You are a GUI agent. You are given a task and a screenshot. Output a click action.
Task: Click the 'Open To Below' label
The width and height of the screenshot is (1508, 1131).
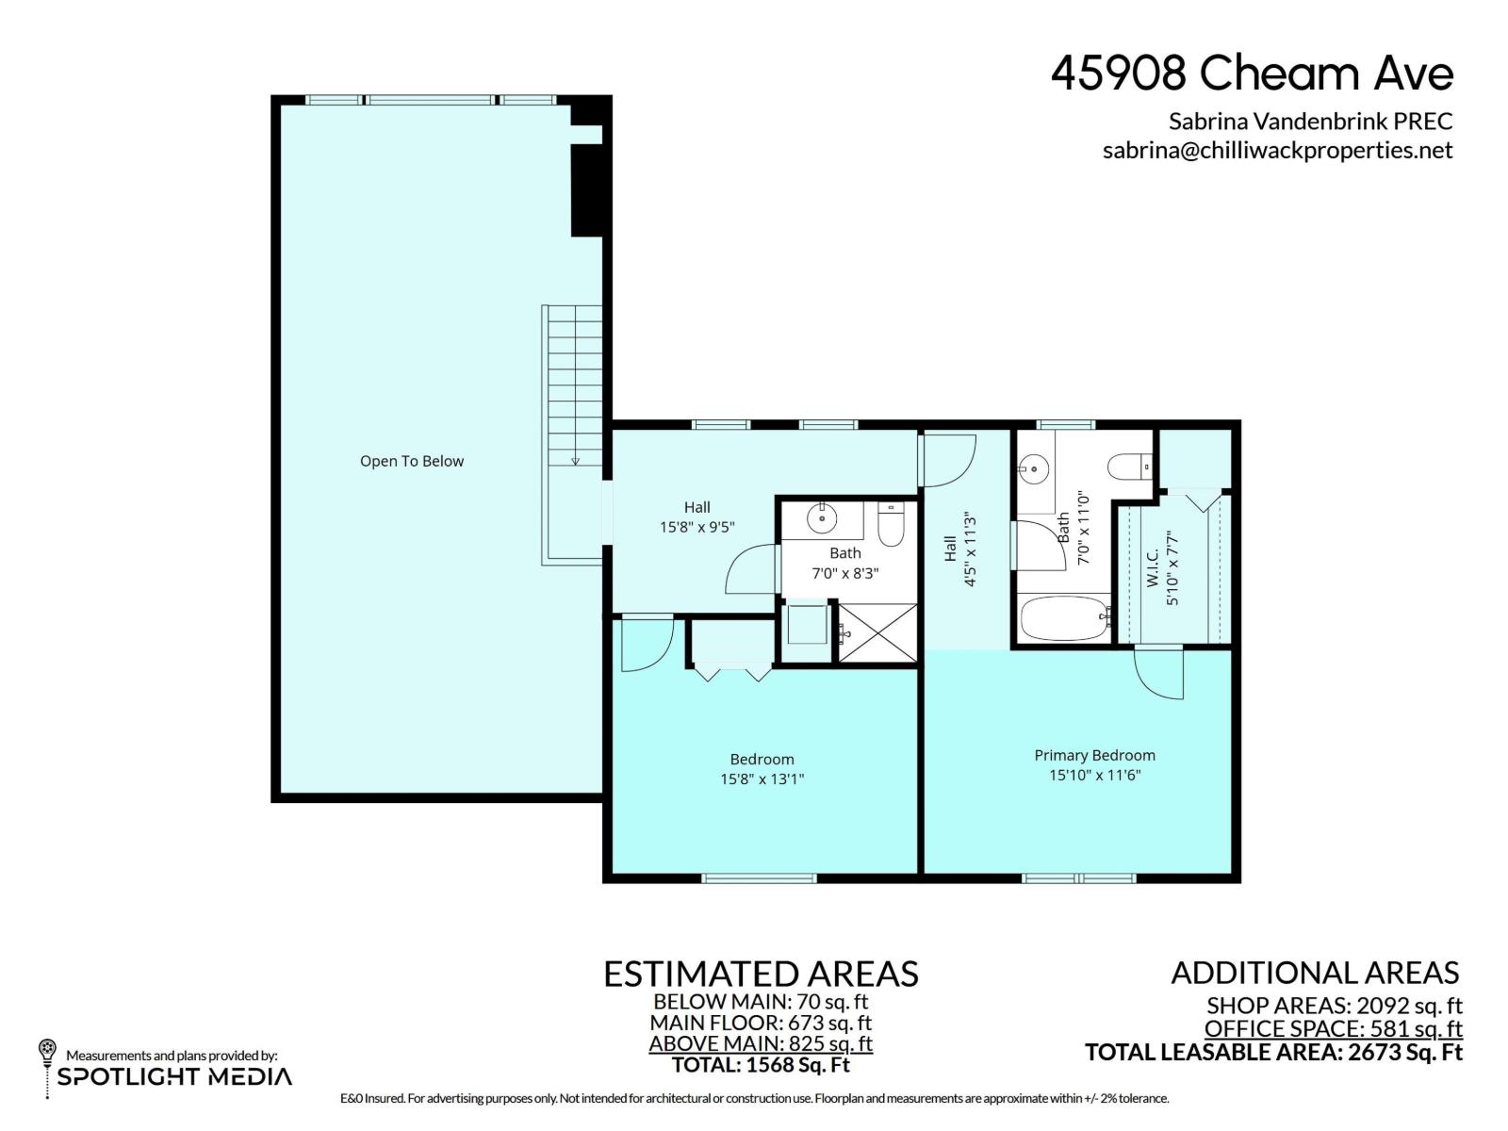click(x=412, y=462)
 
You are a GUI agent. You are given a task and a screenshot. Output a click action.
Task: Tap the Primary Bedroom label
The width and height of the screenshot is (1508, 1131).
click(x=1094, y=755)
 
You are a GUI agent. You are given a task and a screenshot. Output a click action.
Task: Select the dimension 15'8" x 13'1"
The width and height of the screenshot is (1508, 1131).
click(x=762, y=779)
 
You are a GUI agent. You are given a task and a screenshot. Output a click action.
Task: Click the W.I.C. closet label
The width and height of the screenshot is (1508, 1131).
click(x=1152, y=567)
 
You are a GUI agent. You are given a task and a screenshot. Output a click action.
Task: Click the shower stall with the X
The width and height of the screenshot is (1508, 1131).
click(x=877, y=633)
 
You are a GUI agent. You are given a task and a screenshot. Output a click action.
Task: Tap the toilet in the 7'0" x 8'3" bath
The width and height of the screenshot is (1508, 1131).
click(x=891, y=525)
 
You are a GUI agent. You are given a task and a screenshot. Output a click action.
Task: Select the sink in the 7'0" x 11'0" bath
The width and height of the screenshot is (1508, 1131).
click(x=1034, y=470)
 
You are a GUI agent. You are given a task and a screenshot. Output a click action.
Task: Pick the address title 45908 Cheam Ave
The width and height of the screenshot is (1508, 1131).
click(x=1253, y=74)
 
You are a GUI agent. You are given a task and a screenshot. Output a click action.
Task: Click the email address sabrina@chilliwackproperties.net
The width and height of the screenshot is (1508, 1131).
click(x=1277, y=151)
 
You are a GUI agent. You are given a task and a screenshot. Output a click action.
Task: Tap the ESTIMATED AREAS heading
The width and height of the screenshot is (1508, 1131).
click(x=762, y=974)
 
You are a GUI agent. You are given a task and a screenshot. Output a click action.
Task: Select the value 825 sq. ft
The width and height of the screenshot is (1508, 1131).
click(x=830, y=1043)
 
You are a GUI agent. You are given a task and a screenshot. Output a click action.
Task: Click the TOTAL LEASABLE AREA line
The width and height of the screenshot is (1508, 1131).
click(x=1273, y=1052)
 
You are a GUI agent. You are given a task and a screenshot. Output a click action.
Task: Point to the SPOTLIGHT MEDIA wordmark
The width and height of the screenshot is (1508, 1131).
click(x=174, y=1076)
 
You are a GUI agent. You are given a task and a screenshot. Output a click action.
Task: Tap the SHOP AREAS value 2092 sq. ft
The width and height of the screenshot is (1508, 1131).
click(x=1408, y=1006)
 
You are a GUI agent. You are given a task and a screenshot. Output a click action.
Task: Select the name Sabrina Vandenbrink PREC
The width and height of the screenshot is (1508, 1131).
click(x=1311, y=122)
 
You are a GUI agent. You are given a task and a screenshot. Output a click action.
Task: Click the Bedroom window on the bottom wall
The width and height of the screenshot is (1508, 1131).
click(x=759, y=878)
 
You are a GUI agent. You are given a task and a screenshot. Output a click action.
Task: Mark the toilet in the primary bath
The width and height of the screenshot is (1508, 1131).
click(x=1130, y=467)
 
